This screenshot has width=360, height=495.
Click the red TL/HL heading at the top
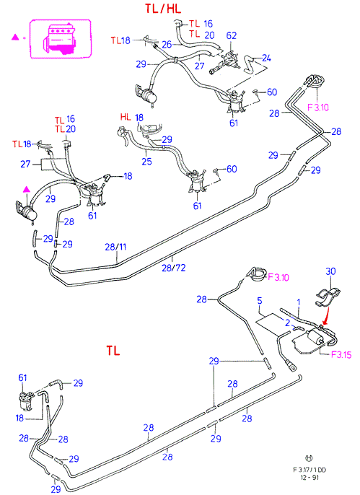pos(163,9)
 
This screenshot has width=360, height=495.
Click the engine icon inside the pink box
pos(58,39)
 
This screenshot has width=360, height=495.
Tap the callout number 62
pos(232,35)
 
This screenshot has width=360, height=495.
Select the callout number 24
pos(266,58)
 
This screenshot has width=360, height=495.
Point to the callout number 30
pos(330,271)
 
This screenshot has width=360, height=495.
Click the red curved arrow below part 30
pos(327,314)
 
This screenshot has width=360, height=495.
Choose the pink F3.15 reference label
pos(341,354)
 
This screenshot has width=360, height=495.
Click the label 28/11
pos(115,247)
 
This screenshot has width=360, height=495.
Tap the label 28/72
pos(174,268)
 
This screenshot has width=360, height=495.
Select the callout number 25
pos(146,162)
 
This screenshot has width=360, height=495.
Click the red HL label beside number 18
pos(126,117)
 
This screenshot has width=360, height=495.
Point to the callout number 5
pos(259,300)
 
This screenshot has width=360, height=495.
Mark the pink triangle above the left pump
pos(27,189)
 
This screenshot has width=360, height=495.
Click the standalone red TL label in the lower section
pos(113,351)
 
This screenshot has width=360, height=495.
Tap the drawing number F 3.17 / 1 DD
pos(309,470)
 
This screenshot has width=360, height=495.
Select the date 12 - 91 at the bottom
pos(309,478)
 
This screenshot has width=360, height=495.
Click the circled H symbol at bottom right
pos(309,458)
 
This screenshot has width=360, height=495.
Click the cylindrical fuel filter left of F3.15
pos(315,336)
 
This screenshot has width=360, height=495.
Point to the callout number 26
pos(167,45)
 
